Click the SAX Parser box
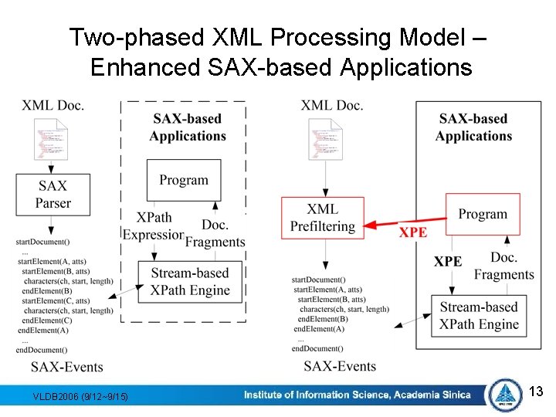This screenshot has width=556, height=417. tap(53, 194)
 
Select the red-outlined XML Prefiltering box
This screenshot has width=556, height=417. tap(322, 218)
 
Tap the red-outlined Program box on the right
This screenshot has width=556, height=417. tap(483, 215)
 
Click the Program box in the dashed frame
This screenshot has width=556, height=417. tap(184, 181)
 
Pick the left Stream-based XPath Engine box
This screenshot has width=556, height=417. tap(190, 282)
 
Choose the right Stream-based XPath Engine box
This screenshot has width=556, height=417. tap(479, 316)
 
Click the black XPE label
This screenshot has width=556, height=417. tap(448, 262)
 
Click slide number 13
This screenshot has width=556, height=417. tap(537, 392)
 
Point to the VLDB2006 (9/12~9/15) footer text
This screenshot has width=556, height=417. tap(81, 397)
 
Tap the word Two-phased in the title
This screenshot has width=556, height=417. tap(136, 37)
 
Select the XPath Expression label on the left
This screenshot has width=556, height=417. tap(152, 227)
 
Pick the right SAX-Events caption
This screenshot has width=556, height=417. tap(340, 365)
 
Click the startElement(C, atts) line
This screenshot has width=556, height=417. tap(54, 300)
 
